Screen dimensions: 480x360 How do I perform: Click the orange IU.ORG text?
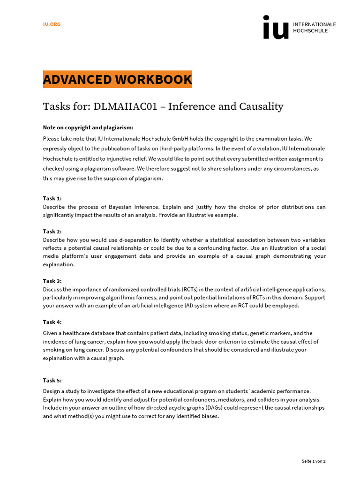pos(52,24)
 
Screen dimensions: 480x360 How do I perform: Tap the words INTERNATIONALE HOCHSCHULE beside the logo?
pos(314,27)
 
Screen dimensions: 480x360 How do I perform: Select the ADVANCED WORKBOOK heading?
pos(117,80)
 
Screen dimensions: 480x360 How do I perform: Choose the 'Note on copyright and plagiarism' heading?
pos(88,127)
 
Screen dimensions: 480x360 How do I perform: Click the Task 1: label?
pos(52,198)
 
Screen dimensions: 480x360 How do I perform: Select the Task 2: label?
pos(52,231)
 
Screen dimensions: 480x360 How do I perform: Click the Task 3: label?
pos(52,281)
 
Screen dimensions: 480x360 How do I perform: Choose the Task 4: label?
pos(52,322)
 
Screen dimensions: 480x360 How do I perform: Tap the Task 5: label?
pos(52,380)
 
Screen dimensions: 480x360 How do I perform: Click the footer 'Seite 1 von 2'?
pos(313,461)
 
